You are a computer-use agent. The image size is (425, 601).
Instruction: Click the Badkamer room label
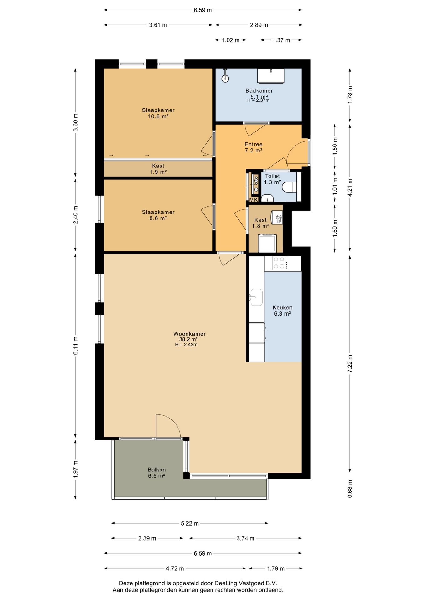pos(259,91)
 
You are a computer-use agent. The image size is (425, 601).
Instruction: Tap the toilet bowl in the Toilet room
pos(289,187)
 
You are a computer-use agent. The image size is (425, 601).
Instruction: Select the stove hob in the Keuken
pos(280,263)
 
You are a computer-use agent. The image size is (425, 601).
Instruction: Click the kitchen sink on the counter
pos(256,297)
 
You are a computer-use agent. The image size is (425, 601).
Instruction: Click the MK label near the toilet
pos(253,200)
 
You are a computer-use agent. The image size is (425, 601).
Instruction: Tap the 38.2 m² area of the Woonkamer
pos(188,339)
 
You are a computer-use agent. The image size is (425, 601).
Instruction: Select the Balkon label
pos(156,470)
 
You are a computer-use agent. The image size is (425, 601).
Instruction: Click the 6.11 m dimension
pos(75,346)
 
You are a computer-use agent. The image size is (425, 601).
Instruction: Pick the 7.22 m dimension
pos(350,364)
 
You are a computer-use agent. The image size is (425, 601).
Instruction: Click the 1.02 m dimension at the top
pos(230,40)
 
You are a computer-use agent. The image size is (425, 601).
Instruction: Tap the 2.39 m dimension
pos(147,538)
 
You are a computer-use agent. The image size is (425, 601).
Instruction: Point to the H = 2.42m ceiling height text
pos(186,345)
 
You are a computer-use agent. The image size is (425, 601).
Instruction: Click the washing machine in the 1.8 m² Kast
pos(267,243)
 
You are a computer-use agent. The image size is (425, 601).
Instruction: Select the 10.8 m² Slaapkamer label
pos(158,113)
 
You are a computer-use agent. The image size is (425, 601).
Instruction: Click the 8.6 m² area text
pos(158,218)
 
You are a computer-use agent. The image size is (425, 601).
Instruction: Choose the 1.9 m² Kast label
pos(158,169)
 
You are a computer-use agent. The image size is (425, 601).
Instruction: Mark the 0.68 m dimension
pos(350,489)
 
